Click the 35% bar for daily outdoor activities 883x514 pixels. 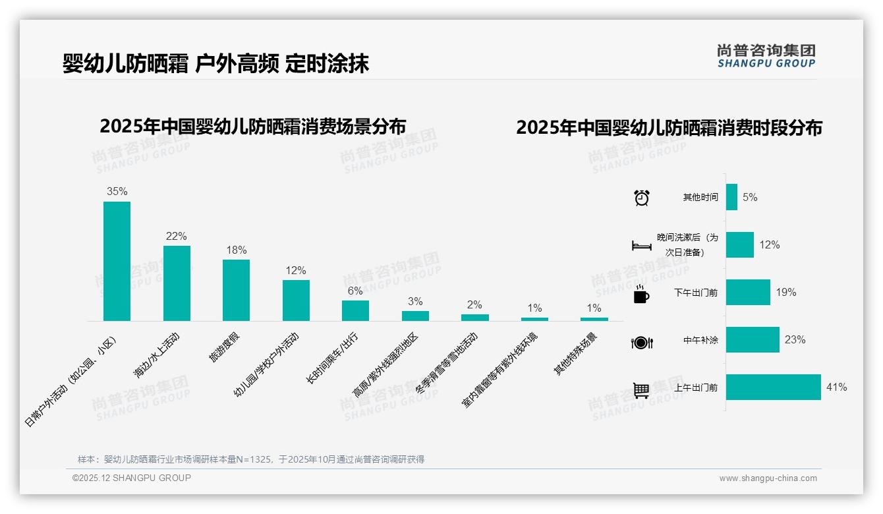(117, 261)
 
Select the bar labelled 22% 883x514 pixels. (177, 283)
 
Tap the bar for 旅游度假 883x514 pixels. (236, 290)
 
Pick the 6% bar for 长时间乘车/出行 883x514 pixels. (355, 310)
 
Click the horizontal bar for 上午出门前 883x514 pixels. (774, 387)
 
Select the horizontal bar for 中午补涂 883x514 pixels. (753, 340)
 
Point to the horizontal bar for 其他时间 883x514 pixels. (731, 197)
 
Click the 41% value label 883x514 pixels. (836, 387)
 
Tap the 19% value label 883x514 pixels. (785, 293)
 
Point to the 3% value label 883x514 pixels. (415, 302)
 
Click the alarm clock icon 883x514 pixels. (641, 198)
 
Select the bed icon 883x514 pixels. (641, 246)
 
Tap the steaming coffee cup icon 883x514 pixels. (641, 295)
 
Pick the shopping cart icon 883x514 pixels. (641, 390)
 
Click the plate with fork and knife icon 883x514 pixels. (641, 343)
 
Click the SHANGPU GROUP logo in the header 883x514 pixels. (766, 56)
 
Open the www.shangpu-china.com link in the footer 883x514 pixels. (768, 478)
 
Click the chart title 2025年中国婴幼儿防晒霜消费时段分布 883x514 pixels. (669, 128)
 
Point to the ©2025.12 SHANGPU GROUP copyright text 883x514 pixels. (132, 478)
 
